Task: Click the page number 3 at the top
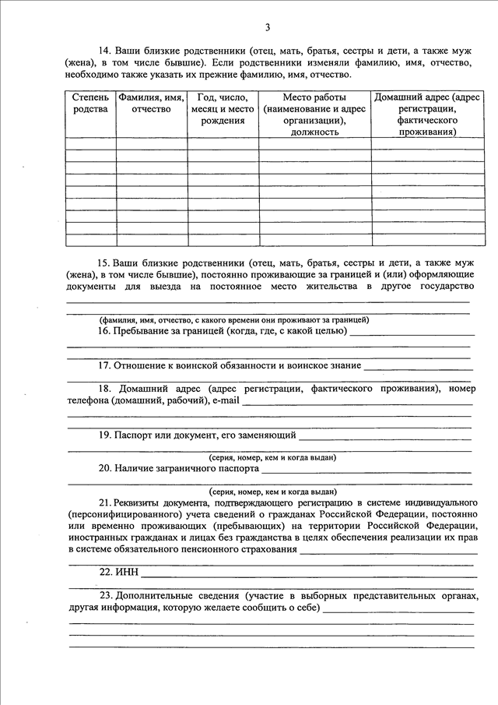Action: click(x=268, y=28)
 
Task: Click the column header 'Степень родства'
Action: click(x=91, y=104)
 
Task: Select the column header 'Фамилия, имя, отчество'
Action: click(x=151, y=104)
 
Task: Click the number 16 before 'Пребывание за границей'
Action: click(x=105, y=331)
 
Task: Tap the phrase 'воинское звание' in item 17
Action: click(x=324, y=365)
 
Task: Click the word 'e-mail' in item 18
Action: click(x=226, y=400)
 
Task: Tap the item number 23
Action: click(x=105, y=595)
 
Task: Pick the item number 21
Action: click(x=105, y=504)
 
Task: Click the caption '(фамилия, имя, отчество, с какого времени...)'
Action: click(x=233, y=320)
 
